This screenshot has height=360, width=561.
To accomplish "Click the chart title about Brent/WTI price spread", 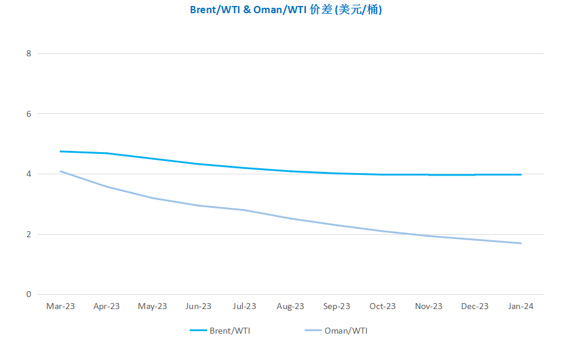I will pos(286,10).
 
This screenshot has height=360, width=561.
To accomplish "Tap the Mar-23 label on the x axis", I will pos(60,306).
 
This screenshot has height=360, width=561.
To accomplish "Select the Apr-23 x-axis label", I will pos(107,306).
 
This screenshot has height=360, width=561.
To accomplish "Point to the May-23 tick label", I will pos(153,306).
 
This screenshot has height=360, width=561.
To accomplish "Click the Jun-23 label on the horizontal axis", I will pos(198,306).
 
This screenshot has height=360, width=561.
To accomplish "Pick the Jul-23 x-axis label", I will pos(244,306).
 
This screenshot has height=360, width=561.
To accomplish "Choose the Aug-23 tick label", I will pos(290,306).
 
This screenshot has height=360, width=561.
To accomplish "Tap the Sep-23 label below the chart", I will pos(336,306).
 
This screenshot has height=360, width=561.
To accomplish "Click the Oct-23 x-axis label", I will pos(383,306).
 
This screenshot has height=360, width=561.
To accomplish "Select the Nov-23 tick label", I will pos(429,306).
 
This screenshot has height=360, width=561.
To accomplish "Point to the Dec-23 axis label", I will pos(475,306).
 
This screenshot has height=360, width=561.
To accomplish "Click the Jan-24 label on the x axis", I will pos(520,306).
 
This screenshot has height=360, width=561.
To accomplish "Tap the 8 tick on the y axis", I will pos(28,53).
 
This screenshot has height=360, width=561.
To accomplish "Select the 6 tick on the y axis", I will pos(28,114).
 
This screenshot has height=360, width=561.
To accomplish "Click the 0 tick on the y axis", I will pos(28,294).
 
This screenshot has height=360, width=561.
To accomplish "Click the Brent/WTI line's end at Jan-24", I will pos(521,174).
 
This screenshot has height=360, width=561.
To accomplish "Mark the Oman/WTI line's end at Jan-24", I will pos(521,243).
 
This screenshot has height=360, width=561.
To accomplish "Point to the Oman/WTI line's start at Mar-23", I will pos(60,171).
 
